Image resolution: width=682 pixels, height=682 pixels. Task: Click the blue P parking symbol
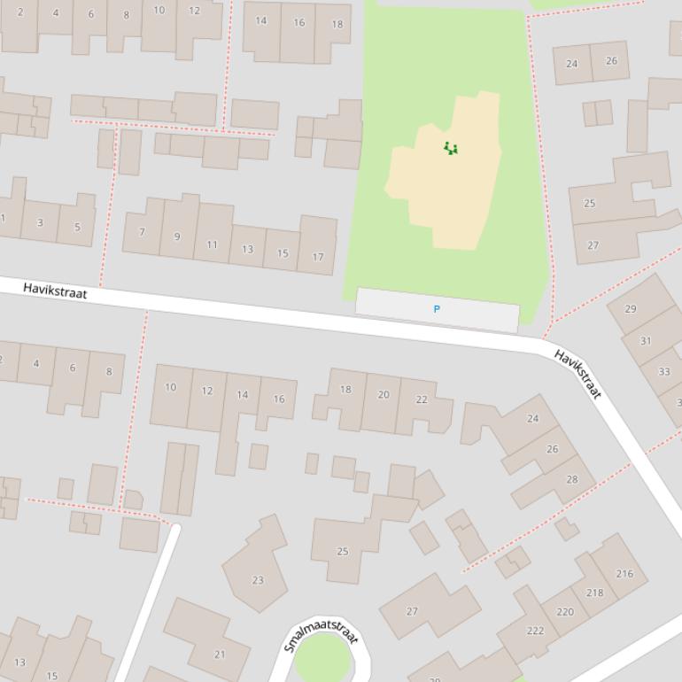tap(436, 309)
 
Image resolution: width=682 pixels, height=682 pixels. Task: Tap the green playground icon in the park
tap(451, 149)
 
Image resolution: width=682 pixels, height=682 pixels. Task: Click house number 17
tap(317, 258)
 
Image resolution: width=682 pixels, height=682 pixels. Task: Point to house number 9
tap(177, 236)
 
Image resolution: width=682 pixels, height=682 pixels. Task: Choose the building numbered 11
tap(212, 244)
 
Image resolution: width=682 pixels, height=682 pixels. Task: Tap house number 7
tap(142, 232)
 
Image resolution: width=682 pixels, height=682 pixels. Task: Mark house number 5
tap(77, 228)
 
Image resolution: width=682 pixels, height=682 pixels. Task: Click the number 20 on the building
tap(384, 395)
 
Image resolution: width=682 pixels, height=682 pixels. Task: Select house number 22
tap(422, 399)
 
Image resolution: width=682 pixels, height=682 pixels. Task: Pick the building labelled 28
tap(572, 479)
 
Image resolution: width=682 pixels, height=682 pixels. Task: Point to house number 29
tap(631, 309)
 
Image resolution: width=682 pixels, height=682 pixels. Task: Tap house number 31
tap(646, 341)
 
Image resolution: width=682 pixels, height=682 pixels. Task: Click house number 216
tap(624, 573)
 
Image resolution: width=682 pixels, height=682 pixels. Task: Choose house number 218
tap(594, 593)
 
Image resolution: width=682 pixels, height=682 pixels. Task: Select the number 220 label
tap(564, 611)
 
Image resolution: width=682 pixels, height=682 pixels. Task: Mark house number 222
tap(535, 631)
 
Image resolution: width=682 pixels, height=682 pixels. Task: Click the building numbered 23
tap(258, 581)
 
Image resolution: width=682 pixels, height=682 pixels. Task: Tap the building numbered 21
tap(220, 655)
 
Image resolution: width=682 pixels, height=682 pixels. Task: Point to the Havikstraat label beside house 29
tap(577, 374)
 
